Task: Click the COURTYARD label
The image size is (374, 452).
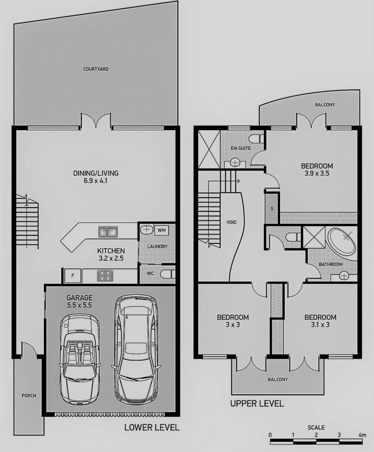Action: [96, 69]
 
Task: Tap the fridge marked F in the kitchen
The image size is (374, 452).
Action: [73, 276]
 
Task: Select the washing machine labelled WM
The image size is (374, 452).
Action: [162, 230]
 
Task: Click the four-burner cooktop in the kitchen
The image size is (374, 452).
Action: [105, 275]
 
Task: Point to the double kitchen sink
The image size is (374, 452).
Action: [108, 232]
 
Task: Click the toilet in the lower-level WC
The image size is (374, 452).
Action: [167, 274]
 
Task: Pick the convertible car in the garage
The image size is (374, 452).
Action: [79, 359]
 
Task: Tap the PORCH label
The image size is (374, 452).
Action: [29, 396]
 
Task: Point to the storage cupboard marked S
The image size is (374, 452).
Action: [272, 208]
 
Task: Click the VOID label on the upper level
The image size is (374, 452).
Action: [231, 222]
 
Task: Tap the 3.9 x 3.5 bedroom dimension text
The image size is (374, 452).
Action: [317, 173]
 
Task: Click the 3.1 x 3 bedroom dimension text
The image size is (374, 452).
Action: [320, 325]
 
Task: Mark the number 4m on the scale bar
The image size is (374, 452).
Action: [362, 435]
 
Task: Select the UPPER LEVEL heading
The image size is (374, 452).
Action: [257, 404]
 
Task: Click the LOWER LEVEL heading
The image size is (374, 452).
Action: [152, 428]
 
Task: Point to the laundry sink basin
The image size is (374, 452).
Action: [146, 230]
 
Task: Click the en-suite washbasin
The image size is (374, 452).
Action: [235, 163]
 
